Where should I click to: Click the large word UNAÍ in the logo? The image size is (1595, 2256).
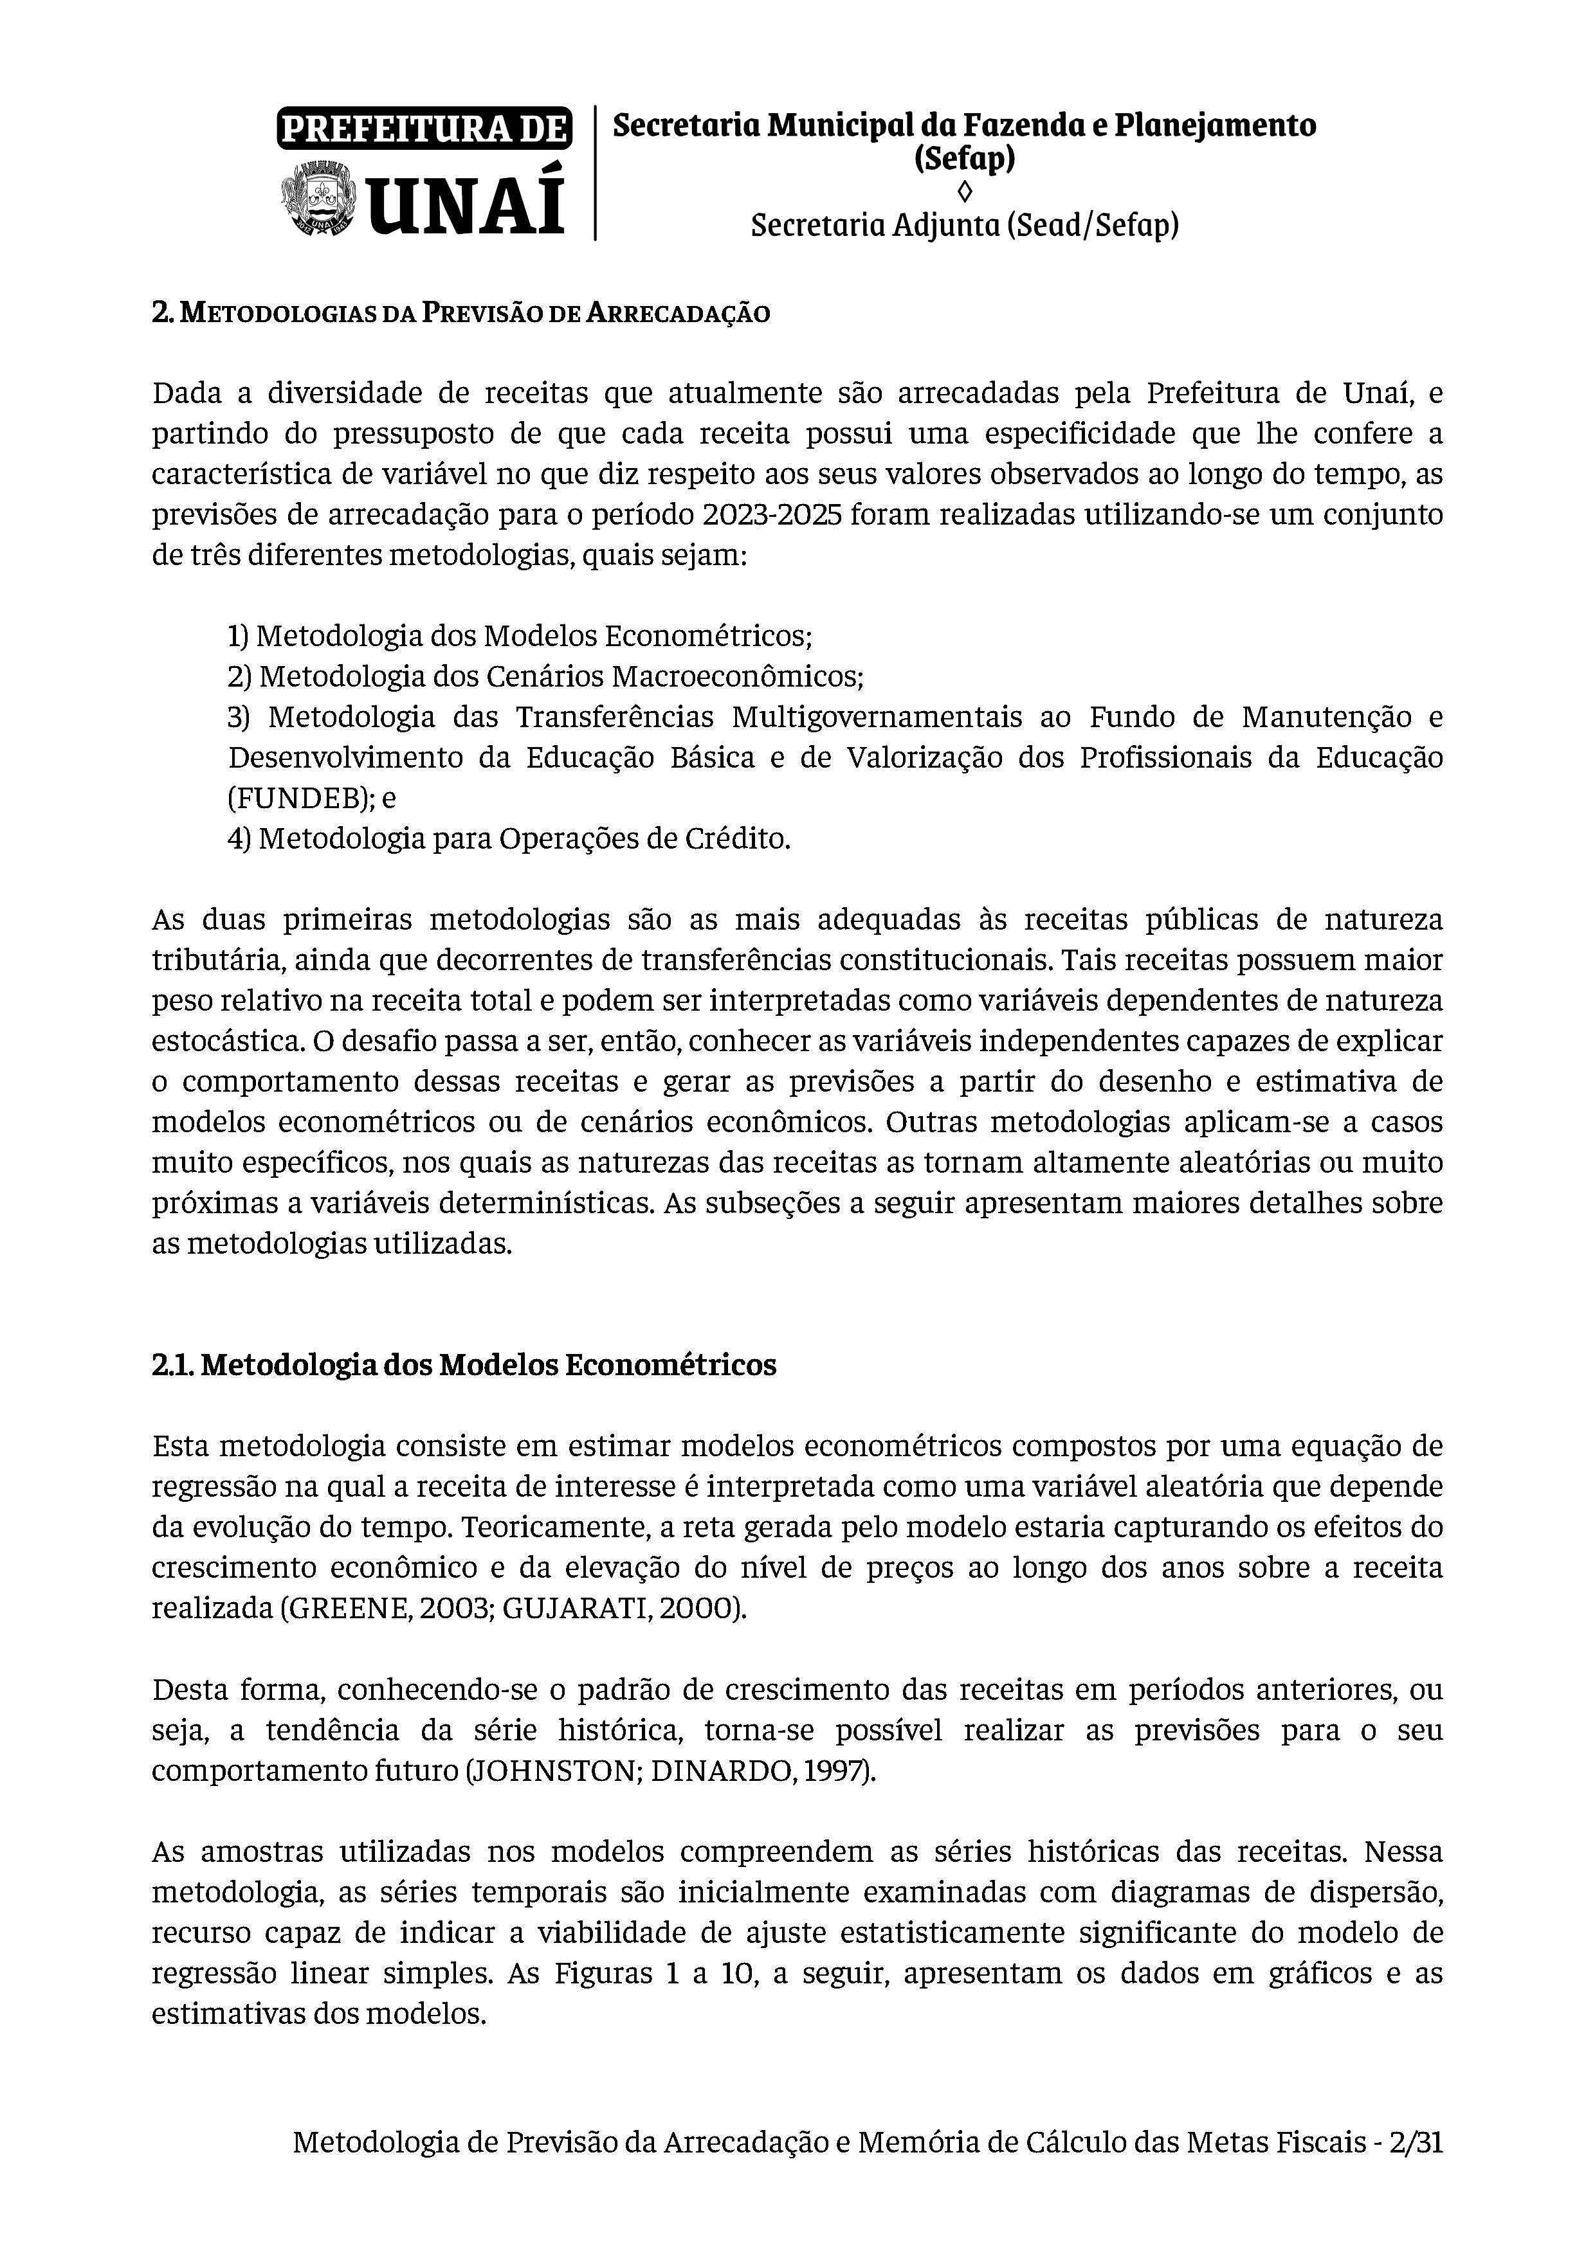467,201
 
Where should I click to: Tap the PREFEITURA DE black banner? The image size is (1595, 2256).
424,129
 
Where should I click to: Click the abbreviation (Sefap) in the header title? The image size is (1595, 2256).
964,158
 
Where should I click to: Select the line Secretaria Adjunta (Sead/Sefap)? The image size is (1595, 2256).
964,226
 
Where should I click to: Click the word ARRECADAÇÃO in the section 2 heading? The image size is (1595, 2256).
678,314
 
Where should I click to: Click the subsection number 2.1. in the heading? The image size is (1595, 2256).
173,1365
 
